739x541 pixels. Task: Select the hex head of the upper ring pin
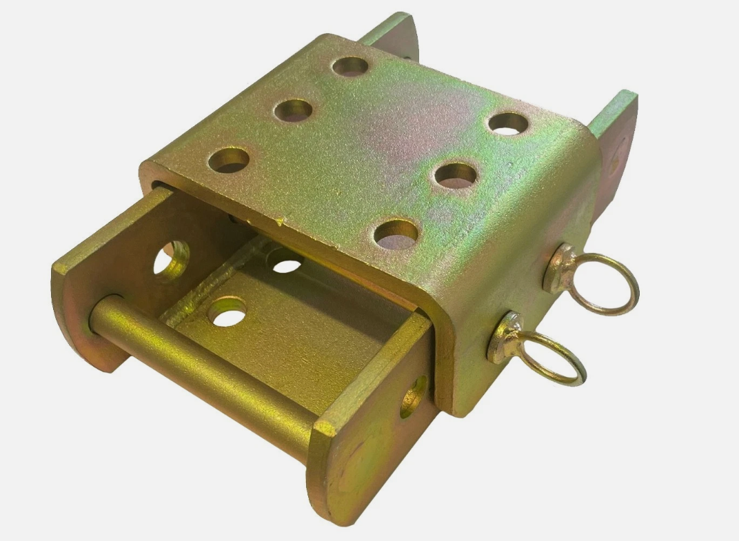[x=558, y=267]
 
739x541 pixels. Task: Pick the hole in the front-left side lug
[x=171, y=260]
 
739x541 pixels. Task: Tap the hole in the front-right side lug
[x=414, y=396]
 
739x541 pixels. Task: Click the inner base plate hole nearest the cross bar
[x=227, y=312]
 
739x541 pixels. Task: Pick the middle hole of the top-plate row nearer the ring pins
[x=456, y=174]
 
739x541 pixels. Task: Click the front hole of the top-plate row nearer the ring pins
[x=396, y=234]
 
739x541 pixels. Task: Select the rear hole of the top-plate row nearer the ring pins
[x=508, y=123]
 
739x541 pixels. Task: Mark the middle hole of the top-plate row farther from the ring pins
[x=293, y=110]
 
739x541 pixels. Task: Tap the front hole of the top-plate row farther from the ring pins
[x=229, y=160]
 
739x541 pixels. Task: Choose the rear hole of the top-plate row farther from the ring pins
[x=350, y=67]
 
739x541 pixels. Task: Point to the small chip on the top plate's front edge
[x=279, y=221]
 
